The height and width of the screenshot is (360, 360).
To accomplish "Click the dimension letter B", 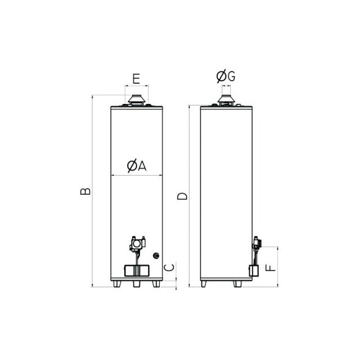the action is (85, 191).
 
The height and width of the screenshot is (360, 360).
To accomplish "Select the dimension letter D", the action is (182, 196).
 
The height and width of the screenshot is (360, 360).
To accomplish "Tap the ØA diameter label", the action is (137, 166).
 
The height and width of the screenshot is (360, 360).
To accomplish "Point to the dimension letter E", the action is (136, 79).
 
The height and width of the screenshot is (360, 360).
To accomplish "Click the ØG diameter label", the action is (226, 76).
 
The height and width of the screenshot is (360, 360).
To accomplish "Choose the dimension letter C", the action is (170, 267).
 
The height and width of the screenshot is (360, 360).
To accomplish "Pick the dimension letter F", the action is (270, 268).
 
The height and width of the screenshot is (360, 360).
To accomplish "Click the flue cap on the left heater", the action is (137, 100).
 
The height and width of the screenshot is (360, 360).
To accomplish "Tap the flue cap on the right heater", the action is (226, 100).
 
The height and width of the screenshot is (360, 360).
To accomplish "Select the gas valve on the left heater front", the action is (137, 244).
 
